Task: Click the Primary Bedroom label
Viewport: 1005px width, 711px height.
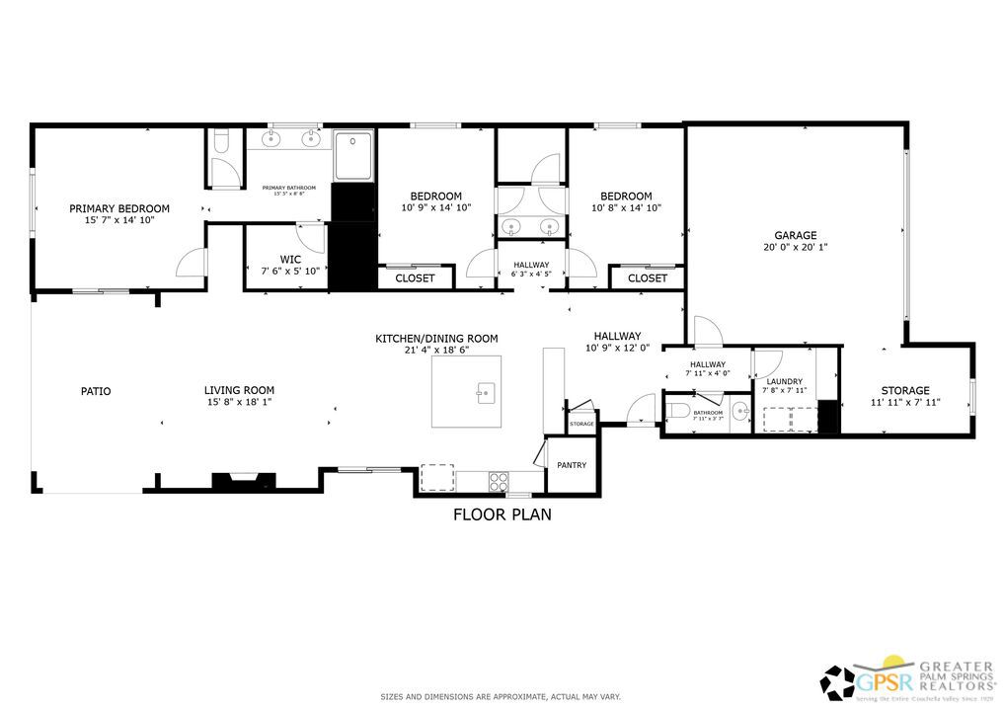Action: click(x=118, y=208)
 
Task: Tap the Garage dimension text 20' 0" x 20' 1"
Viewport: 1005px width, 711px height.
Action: click(x=795, y=248)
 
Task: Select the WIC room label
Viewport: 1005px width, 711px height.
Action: click(x=290, y=259)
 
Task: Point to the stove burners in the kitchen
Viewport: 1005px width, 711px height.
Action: click(x=499, y=481)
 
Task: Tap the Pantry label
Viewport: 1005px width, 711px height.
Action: click(x=572, y=465)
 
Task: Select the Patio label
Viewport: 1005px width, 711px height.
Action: click(x=96, y=391)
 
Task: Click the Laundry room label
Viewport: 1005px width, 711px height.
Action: click(x=785, y=381)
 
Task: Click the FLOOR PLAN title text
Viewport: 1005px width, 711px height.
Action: click(x=502, y=513)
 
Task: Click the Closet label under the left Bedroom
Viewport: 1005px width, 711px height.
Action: click(x=415, y=278)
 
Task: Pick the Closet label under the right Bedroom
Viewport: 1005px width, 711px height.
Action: click(x=647, y=278)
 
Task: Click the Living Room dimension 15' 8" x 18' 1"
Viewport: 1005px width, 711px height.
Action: click(x=239, y=402)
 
